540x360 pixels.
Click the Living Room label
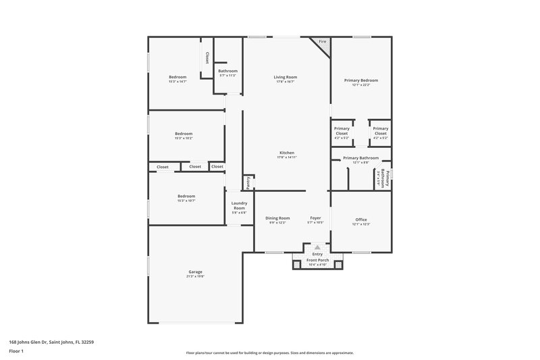tap(286, 77)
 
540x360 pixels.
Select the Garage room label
tap(195, 272)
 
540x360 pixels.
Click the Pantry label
tap(248, 181)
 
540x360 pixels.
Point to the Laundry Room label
tap(239, 205)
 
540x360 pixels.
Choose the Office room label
tap(361, 218)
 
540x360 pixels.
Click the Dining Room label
tap(277, 218)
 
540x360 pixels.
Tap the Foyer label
tap(315, 218)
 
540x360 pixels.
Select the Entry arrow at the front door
tap(317, 248)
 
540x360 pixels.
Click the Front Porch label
tap(317, 260)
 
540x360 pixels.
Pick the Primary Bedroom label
tap(364, 80)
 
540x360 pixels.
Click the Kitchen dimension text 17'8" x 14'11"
tap(287, 157)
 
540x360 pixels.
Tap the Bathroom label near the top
tap(227, 71)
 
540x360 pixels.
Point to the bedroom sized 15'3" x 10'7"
tap(186, 198)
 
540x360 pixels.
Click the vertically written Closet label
tap(207, 58)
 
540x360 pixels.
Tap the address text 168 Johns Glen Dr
tap(48, 342)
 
